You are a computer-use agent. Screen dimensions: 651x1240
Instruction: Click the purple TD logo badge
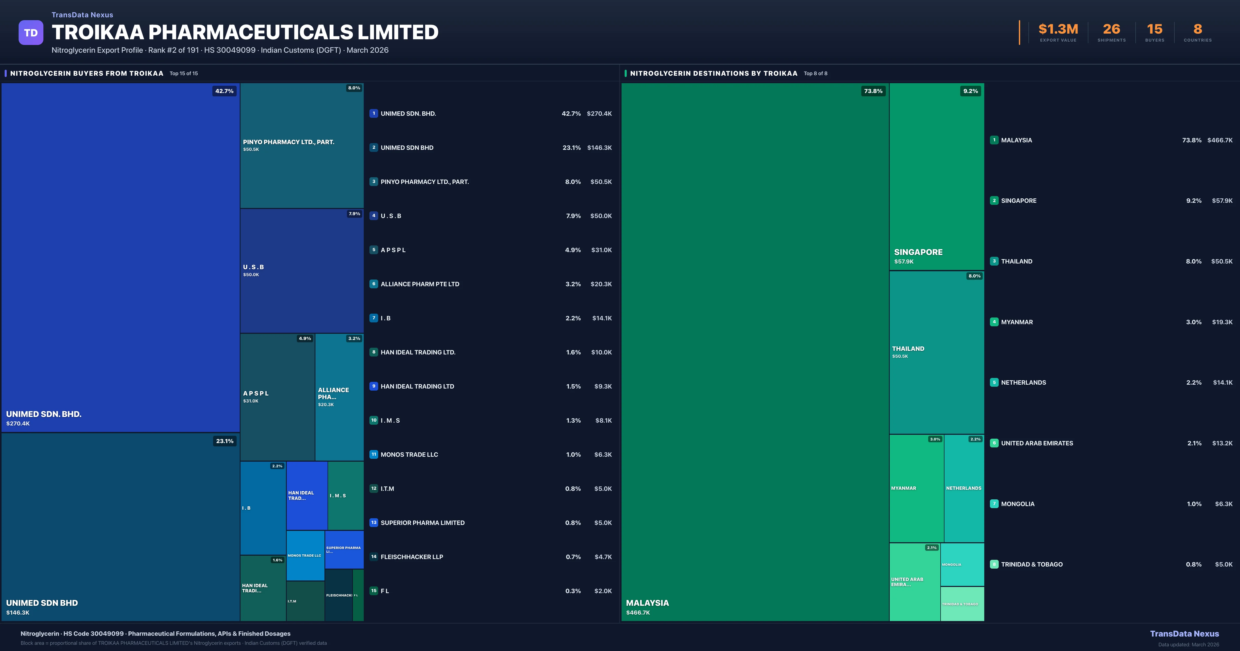[31, 33]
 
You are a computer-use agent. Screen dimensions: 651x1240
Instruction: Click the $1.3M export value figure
[1058, 29]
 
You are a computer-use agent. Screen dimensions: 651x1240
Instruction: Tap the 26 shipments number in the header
[1111, 29]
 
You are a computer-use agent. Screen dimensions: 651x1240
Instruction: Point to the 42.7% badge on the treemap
[224, 91]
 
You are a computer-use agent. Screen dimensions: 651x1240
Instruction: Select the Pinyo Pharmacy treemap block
[302, 145]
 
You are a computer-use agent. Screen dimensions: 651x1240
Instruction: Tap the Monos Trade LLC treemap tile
[305, 556]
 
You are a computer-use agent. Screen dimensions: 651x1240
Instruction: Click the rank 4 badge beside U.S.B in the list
[374, 216]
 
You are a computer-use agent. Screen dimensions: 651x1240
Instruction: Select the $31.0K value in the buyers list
[601, 250]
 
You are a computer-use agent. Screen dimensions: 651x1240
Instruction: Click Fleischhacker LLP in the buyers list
[412, 557]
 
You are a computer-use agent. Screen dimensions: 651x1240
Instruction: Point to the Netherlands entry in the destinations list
[1023, 382]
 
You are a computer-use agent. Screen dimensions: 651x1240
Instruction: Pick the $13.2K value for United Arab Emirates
[1222, 443]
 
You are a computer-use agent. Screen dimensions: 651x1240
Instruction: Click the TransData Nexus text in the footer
[1184, 634]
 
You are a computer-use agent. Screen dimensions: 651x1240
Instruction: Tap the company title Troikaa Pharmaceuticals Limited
[245, 32]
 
